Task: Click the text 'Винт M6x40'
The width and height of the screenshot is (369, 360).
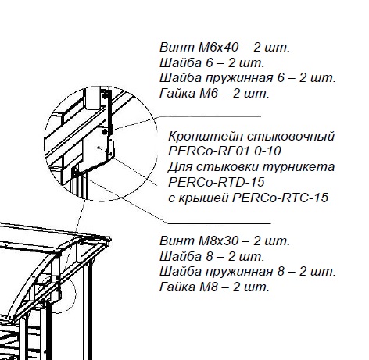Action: (199, 48)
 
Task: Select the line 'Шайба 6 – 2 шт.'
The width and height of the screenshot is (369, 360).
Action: (212, 62)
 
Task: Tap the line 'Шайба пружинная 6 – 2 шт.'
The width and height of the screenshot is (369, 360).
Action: (247, 78)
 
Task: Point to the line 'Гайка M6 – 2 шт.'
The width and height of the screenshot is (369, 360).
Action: (214, 94)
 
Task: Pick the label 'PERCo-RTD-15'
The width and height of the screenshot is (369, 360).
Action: (217, 182)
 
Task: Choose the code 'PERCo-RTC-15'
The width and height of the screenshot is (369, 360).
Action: (280, 198)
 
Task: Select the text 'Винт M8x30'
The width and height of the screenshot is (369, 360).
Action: (199, 241)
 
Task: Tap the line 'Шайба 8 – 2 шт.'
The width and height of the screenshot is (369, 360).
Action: (212, 257)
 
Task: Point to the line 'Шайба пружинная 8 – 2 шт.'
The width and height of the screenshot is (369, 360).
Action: (247, 272)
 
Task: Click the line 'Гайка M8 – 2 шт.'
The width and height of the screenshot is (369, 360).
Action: (214, 287)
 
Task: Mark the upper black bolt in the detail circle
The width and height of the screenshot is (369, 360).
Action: (105, 96)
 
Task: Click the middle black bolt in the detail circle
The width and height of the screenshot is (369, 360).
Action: (104, 132)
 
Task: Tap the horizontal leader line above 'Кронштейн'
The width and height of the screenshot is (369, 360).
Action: (210, 116)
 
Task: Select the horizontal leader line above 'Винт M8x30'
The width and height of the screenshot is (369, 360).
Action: (219, 223)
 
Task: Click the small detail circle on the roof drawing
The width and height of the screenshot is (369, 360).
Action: (75, 295)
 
